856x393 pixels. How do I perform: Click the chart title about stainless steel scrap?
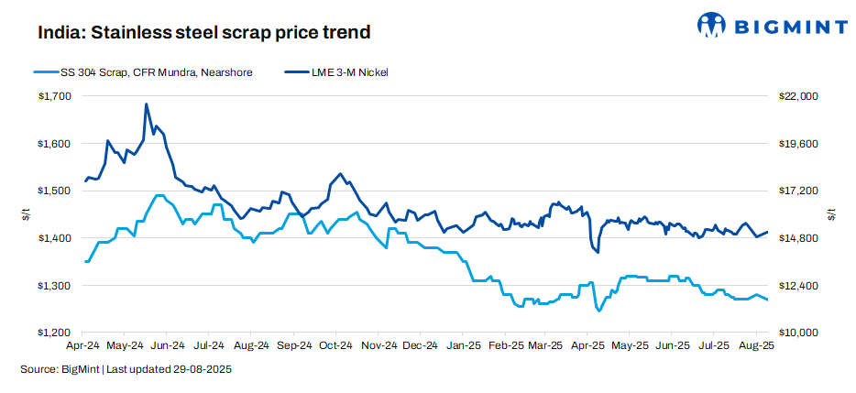point(203,33)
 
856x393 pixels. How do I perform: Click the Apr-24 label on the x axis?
point(83,346)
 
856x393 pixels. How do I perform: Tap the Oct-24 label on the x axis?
point(335,346)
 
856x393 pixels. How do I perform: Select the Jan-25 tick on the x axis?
point(462,346)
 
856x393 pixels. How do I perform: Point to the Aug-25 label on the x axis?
point(756,346)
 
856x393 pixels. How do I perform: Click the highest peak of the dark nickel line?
point(147,104)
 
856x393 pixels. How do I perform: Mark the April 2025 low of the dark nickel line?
point(598,252)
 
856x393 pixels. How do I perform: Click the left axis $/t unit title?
point(25,214)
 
